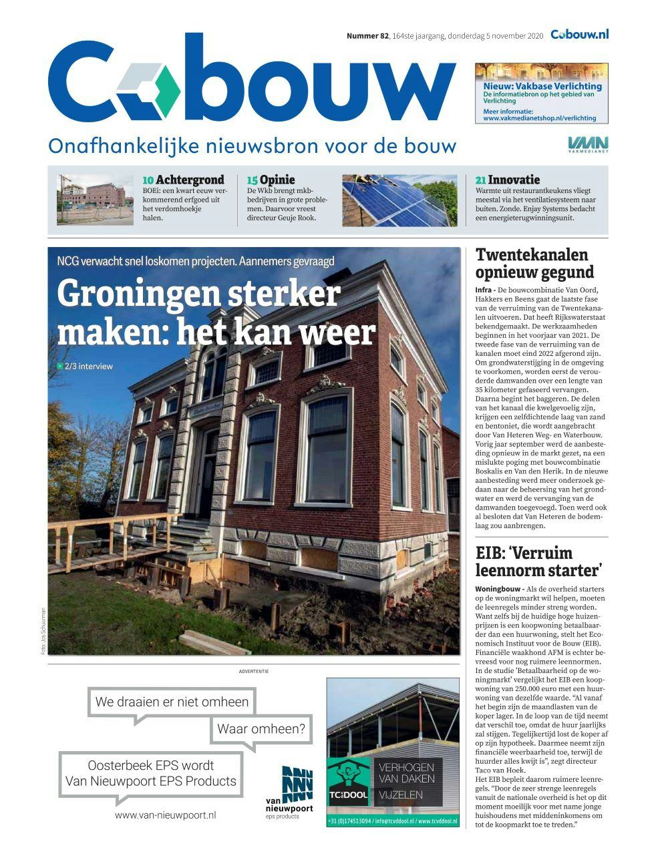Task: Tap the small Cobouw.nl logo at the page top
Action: point(579,35)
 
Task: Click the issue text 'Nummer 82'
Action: point(367,36)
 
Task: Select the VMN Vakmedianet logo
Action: point(588,144)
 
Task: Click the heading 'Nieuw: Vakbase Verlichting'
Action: point(542,86)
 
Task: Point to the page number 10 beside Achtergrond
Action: point(148,180)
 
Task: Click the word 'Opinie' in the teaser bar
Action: point(277,180)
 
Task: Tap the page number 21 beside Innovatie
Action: point(480,180)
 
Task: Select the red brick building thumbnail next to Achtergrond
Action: point(95,199)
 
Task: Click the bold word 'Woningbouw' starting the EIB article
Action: point(499,590)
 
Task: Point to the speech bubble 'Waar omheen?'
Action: point(261,729)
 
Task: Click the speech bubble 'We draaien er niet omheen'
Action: point(172,702)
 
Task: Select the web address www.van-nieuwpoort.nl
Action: point(165,815)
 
